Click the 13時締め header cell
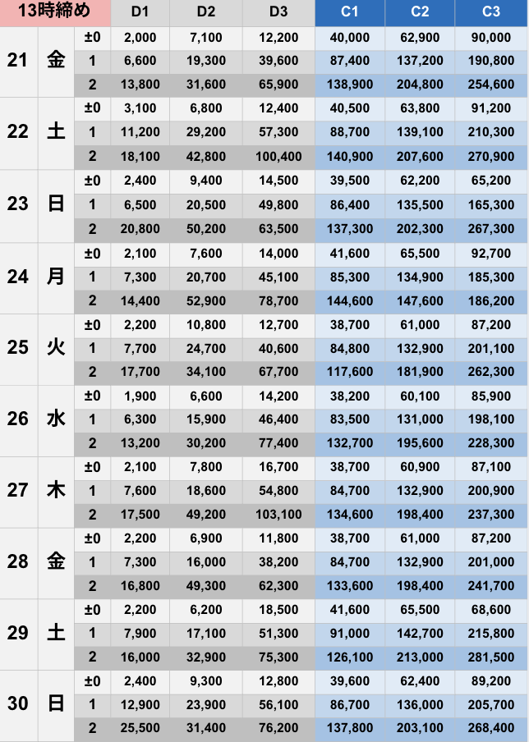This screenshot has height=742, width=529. [x=54, y=12]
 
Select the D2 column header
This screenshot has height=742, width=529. [x=206, y=12]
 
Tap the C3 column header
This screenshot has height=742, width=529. [x=491, y=12]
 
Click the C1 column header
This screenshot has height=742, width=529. [x=350, y=12]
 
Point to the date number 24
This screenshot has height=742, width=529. [x=18, y=277]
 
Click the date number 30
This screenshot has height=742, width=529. [x=18, y=704]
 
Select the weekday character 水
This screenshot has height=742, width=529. [x=56, y=419]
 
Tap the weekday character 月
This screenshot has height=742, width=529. [x=56, y=277]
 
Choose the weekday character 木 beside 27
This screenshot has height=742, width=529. [x=56, y=491]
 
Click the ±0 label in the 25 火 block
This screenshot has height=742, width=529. [x=92, y=324]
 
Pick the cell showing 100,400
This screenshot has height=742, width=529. [x=278, y=156]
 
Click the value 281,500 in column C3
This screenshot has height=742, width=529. [x=491, y=657]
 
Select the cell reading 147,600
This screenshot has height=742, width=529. [x=421, y=300]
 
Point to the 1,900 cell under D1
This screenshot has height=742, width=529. [x=135, y=396]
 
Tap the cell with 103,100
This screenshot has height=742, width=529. [x=278, y=515]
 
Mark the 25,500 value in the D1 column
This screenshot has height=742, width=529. [x=135, y=728]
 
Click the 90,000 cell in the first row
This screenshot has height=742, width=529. [x=491, y=38]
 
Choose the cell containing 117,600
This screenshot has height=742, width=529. [x=350, y=372]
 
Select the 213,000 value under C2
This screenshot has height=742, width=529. [x=421, y=657]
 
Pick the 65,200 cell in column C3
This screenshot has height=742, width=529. [x=491, y=181]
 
